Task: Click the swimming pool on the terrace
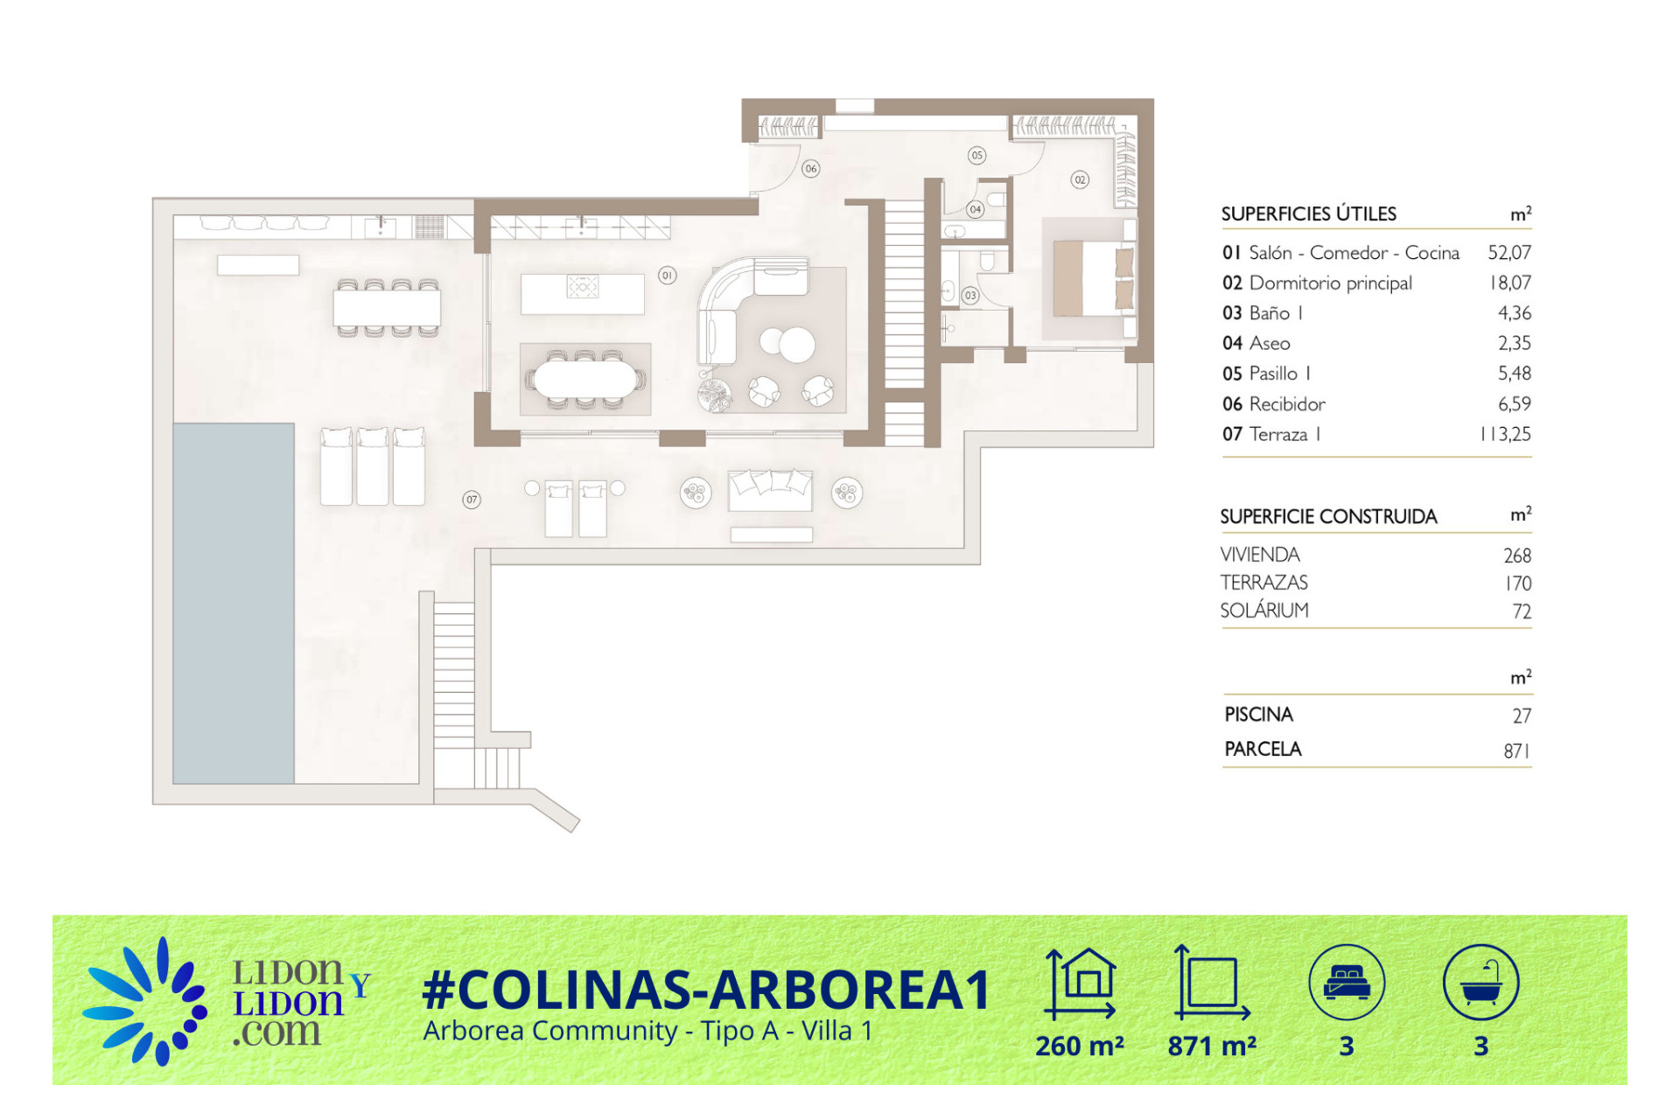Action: pyautogui.click(x=234, y=603)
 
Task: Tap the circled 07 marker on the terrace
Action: pyautogui.click(x=472, y=500)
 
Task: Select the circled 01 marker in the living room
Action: pyautogui.click(x=668, y=275)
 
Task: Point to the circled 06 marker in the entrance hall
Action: pyautogui.click(x=811, y=169)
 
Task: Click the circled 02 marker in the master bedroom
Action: pyautogui.click(x=1081, y=179)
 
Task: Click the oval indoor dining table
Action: pyautogui.click(x=585, y=380)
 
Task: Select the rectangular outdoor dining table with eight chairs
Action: pyautogui.click(x=387, y=308)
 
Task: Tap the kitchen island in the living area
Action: pyautogui.click(x=583, y=293)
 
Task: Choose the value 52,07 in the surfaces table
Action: pyautogui.click(x=1509, y=253)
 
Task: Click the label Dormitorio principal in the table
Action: pyautogui.click(x=1330, y=283)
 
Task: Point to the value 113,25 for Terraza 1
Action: pyautogui.click(x=1505, y=434)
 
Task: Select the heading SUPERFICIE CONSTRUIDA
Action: pyautogui.click(x=1328, y=517)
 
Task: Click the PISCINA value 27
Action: pyautogui.click(x=1522, y=716)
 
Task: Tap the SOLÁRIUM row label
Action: pyautogui.click(x=1264, y=610)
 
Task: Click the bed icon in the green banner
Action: pyautogui.click(x=1347, y=983)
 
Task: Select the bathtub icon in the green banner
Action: pyautogui.click(x=1480, y=983)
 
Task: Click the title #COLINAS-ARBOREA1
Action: pyautogui.click(x=705, y=990)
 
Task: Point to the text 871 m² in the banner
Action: pyautogui.click(x=1212, y=1046)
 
